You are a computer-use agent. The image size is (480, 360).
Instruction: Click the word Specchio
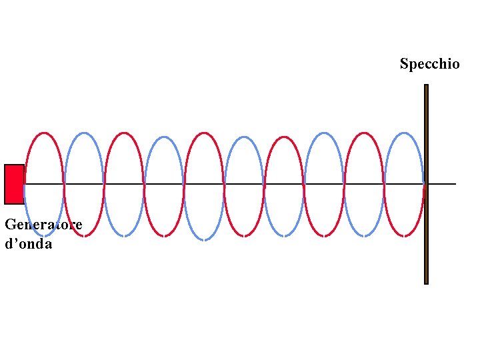(429, 64)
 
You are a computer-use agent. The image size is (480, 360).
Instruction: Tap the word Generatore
(43, 225)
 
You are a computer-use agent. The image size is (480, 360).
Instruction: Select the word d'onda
(28, 243)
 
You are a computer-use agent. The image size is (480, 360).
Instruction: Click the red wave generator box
(14, 184)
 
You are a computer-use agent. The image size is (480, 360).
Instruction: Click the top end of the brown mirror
(426, 86)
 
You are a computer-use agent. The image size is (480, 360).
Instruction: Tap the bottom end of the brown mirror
(426, 282)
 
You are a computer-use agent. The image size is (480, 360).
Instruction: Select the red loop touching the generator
(44, 134)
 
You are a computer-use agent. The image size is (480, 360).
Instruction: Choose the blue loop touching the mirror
(404, 134)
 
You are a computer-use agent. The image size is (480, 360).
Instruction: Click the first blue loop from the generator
(84, 134)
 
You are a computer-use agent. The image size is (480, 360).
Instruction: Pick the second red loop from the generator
(124, 134)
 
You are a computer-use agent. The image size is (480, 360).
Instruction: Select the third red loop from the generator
(204, 134)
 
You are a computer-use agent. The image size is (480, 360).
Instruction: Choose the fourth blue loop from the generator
(324, 134)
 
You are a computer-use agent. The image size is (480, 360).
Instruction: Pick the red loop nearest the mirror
(364, 134)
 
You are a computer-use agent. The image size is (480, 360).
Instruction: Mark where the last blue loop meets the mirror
(424, 183)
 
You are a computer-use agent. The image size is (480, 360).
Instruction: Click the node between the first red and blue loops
(64, 183)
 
